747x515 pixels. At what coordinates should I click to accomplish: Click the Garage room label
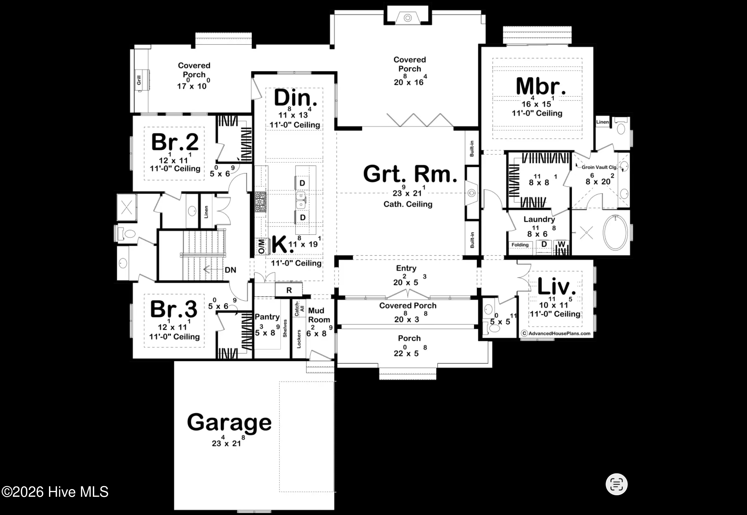[229, 423]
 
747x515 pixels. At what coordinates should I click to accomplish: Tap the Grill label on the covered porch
[139, 80]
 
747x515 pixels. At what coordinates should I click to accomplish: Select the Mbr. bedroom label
[540, 86]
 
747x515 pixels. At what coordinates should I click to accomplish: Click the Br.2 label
[175, 142]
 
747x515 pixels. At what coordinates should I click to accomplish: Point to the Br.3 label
[174, 309]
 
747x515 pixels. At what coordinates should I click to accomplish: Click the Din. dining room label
[296, 98]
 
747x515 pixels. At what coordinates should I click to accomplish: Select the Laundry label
[539, 220]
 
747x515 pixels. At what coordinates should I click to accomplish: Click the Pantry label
[267, 317]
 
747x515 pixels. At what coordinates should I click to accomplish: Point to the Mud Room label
[319, 315]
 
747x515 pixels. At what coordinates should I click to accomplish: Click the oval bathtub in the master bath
[616, 232]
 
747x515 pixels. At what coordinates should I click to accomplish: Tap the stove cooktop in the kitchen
[261, 202]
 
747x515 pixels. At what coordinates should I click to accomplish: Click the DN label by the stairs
[230, 270]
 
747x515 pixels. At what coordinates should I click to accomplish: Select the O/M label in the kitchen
[261, 246]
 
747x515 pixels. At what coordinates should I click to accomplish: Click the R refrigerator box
[289, 290]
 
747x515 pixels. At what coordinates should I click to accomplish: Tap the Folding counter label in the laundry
[520, 245]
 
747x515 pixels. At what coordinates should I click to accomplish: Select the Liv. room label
[556, 286]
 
